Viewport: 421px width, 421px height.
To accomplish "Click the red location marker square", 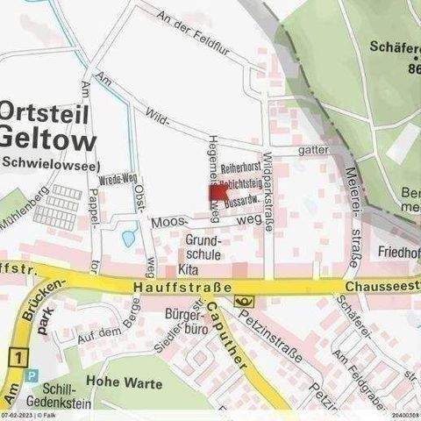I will coord(218,194).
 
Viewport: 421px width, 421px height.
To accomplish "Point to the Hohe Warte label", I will coord(120,382).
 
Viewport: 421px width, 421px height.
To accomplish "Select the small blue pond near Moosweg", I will coord(129,238).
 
